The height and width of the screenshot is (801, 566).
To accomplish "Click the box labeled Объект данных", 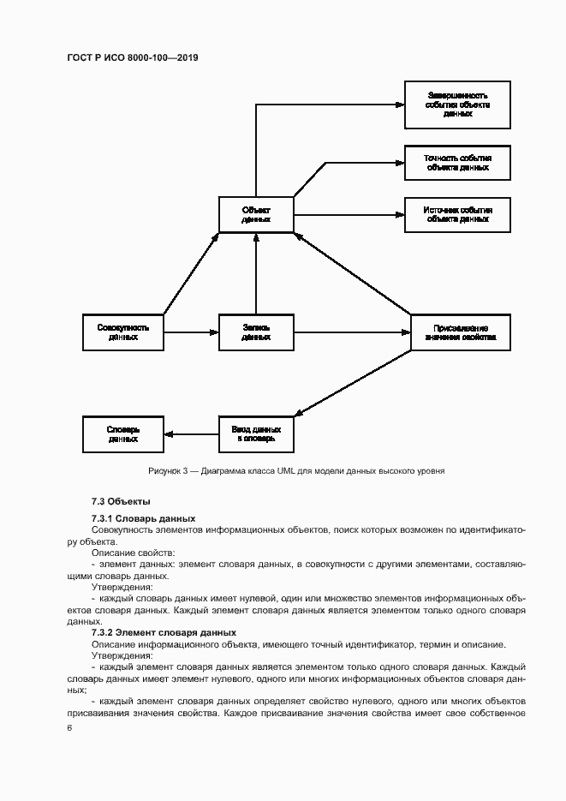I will click(x=256, y=214).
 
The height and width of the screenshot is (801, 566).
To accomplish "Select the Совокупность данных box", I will click(x=123, y=332).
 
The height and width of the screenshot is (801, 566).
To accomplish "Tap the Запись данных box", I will click(x=256, y=332).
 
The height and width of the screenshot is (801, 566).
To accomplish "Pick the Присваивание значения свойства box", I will click(x=461, y=332).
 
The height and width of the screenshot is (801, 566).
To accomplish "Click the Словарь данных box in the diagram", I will click(x=123, y=433).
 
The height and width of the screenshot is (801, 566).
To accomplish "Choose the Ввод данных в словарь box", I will click(x=256, y=433).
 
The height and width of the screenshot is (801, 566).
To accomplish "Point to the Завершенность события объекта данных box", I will click(x=458, y=105).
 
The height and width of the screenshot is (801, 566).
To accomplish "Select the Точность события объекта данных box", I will click(x=458, y=163).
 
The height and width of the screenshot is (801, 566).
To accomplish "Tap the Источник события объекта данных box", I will click(x=458, y=214).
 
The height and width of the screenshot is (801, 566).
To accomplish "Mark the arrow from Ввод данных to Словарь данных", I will click(x=191, y=433).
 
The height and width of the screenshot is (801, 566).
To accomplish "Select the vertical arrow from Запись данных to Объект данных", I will click(x=256, y=274).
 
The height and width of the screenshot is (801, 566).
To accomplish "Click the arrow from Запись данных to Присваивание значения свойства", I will click(x=351, y=332).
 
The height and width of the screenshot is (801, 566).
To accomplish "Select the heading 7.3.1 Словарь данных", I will click(x=143, y=518).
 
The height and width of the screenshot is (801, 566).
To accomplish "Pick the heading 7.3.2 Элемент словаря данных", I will click(x=158, y=632).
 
